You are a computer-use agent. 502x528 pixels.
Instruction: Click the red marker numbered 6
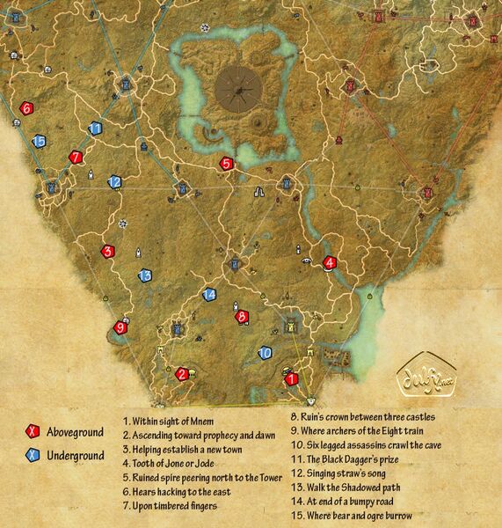tap(26, 108)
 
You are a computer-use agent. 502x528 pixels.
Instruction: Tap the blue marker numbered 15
tap(39, 140)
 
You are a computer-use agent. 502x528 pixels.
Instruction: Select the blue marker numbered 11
tap(96, 128)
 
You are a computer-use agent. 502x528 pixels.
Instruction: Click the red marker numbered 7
tap(76, 158)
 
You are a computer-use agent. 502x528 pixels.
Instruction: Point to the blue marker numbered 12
tap(114, 182)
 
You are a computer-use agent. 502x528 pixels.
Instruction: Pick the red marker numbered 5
tap(227, 163)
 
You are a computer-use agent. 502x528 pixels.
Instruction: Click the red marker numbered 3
tap(108, 251)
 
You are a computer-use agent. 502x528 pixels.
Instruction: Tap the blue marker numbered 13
tap(145, 275)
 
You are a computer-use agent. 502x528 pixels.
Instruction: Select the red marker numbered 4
tap(330, 261)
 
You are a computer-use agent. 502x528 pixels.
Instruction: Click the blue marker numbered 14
tap(209, 295)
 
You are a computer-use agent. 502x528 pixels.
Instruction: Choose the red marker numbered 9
tap(121, 328)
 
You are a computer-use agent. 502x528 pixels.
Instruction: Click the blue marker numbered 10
tap(265, 353)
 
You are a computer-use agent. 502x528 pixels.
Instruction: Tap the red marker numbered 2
tap(182, 374)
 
